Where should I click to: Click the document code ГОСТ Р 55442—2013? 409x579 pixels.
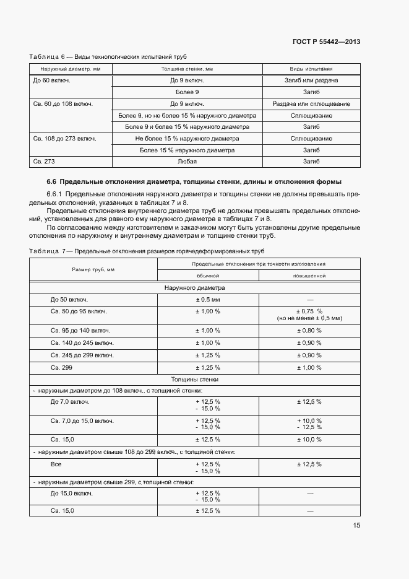[x=326, y=42]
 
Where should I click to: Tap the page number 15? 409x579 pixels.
[x=356, y=525]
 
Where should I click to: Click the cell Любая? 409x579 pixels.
[x=187, y=162]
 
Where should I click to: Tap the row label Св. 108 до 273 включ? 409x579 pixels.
[x=64, y=139]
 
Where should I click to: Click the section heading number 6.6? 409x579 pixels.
[x=51, y=181]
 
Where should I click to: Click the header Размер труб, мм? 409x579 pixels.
[x=93, y=269]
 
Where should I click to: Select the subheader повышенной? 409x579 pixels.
[x=309, y=276]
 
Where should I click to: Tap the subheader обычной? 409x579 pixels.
[x=208, y=276]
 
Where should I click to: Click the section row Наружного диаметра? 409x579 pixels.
[x=195, y=288]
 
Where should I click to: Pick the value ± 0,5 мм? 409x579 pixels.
[x=208, y=300]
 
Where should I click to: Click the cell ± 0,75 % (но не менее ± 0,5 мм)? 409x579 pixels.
[x=309, y=315]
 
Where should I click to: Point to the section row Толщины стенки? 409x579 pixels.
[x=195, y=379]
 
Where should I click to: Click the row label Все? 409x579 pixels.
[x=56, y=463]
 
